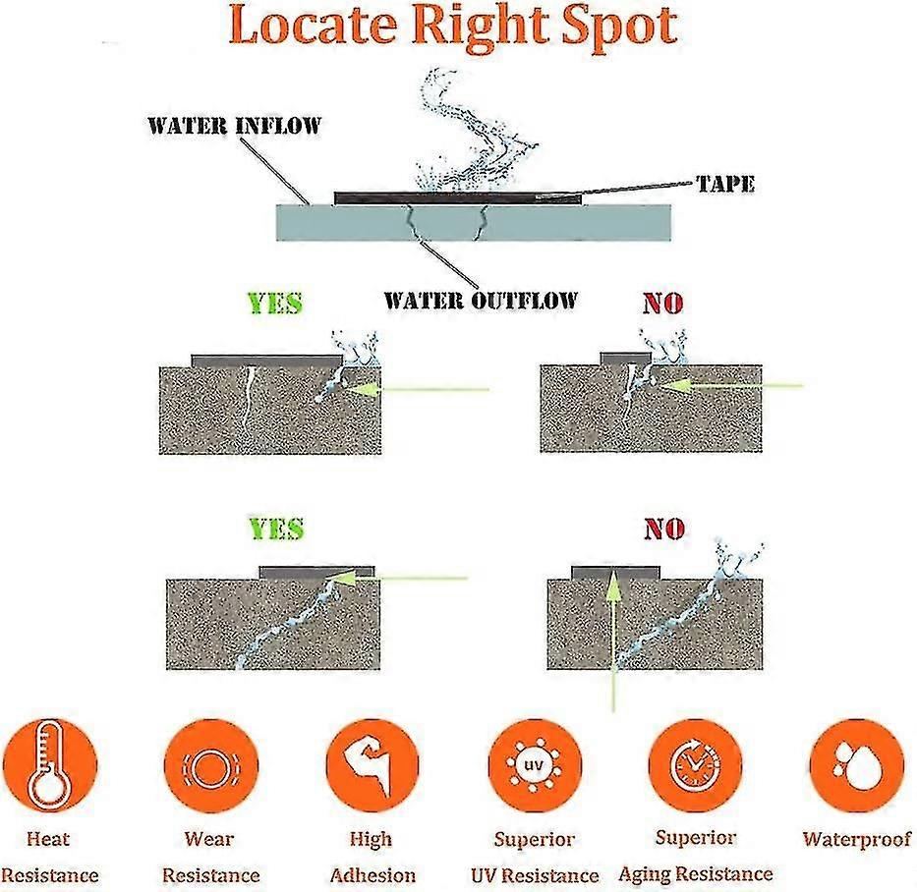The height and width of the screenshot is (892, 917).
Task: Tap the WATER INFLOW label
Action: tap(235, 126)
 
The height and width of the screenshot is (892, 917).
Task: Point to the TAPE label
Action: tap(725, 184)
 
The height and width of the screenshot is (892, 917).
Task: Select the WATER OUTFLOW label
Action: tap(481, 301)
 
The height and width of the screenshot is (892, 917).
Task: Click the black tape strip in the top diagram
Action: tap(458, 198)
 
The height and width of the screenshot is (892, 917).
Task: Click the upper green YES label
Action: tap(275, 303)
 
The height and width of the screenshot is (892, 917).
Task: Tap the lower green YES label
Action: tap(276, 529)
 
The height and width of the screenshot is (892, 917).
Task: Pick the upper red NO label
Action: tap(663, 303)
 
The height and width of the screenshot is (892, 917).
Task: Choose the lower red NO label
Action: tap(664, 529)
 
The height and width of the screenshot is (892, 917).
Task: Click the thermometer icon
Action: tap(50, 764)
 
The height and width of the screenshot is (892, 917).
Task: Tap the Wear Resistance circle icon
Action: tap(210, 765)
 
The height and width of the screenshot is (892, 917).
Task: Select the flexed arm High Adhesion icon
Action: tap(372, 765)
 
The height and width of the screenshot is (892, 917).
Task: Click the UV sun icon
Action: tap(535, 765)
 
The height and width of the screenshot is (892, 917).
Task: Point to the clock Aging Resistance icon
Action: tap(695, 765)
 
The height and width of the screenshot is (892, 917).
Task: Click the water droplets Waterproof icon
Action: tap(857, 765)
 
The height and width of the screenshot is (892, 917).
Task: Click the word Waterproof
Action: tap(857, 839)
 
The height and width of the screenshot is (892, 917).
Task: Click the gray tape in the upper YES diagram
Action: tap(266, 361)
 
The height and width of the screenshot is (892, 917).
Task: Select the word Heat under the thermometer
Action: tap(48, 839)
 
